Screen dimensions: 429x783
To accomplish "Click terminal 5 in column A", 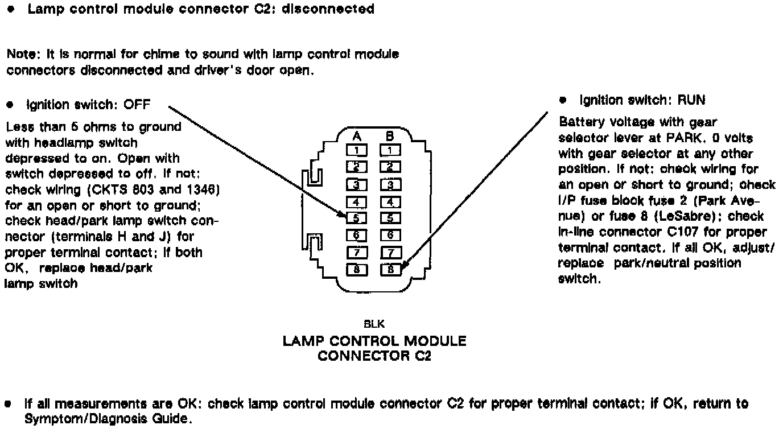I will [356, 217].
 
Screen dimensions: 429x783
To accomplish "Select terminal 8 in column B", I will [391, 270].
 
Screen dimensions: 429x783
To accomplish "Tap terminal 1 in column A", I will [356, 150].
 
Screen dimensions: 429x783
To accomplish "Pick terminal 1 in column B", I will [391, 150].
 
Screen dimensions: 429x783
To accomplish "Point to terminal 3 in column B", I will [391, 184].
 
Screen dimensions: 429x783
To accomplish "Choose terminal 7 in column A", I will [356, 252].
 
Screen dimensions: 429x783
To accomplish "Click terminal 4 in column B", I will [391, 201].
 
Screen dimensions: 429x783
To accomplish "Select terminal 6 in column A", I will [356, 234].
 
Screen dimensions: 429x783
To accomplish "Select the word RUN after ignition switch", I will [691, 101].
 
